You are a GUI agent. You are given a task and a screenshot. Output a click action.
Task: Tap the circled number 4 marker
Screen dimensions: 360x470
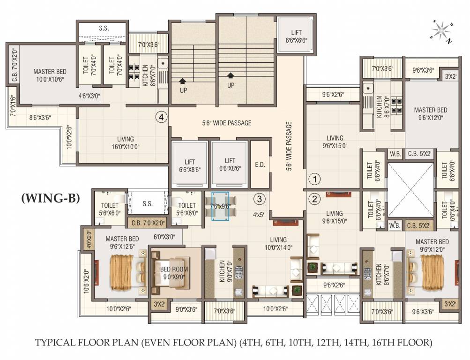(x=162, y=117)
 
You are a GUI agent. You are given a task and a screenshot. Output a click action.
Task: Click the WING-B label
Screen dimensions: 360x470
(x=51, y=198)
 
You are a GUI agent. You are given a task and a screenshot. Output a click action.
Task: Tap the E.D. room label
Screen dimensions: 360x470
(x=260, y=165)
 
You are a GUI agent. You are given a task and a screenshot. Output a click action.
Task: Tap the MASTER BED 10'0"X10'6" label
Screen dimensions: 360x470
(x=50, y=75)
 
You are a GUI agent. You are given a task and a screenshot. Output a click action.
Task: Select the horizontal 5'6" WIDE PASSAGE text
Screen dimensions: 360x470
(x=226, y=123)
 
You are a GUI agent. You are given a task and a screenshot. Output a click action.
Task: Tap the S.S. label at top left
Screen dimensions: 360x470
(x=104, y=28)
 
